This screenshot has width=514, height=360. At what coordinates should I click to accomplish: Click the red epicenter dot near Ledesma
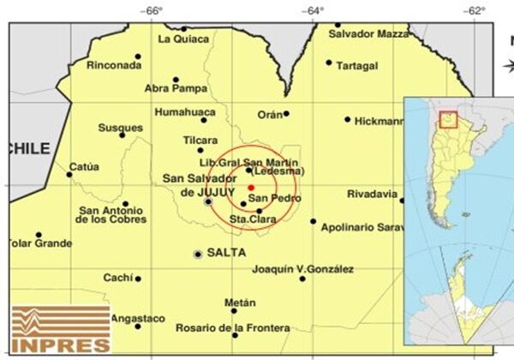click(251, 187)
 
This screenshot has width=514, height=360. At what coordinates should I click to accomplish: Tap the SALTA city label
click(226, 253)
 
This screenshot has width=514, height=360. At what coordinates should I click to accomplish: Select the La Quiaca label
click(183, 39)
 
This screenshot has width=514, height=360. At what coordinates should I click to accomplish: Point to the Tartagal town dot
click(329, 62)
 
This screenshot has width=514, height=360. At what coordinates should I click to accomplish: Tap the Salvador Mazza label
click(369, 33)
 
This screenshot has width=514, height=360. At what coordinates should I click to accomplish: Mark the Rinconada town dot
click(138, 57)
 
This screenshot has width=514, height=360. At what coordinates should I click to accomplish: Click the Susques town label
click(120, 127)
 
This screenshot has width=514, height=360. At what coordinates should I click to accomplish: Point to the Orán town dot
click(286, 112)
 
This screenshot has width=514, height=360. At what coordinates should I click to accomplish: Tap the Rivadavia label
click(373, 194)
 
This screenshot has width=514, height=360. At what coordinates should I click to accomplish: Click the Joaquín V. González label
click(303, 269)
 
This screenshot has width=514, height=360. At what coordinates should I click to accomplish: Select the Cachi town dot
click(138, 278)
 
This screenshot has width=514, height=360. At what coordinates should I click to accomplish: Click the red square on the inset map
click(447, 119)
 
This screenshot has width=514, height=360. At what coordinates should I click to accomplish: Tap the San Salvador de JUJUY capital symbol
click(208, 202)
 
